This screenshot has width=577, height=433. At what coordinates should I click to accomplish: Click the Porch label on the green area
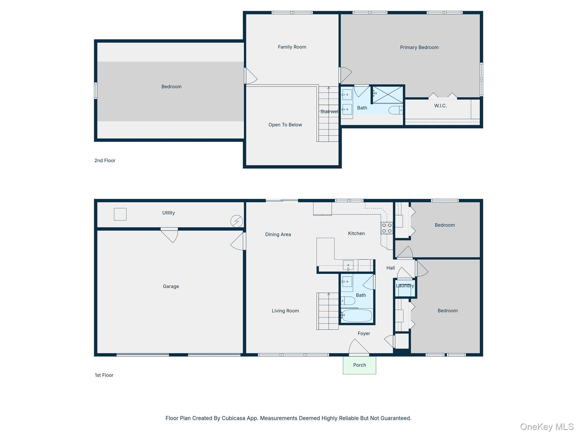coord(359,365)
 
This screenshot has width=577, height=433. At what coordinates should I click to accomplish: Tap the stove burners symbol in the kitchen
coord(387,228)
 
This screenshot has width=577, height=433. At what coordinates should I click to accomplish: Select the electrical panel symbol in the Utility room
coord(237,221)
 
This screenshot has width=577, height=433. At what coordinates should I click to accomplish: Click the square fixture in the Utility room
coord(120,214)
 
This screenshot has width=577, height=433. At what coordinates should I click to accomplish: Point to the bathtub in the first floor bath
coord(357,316)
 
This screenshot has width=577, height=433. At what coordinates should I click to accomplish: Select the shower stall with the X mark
coord(388,95)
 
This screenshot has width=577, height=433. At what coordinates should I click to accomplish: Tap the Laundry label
coord(405,286)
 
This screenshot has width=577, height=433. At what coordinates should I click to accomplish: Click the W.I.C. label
coord(440,106)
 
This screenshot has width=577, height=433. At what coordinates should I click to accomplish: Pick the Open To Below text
coord(285,125)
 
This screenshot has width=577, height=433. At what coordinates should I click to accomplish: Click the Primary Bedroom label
coord(419,47)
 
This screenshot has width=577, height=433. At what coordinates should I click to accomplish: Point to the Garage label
coord(171,286)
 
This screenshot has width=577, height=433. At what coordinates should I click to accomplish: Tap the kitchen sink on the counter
coord(348,265)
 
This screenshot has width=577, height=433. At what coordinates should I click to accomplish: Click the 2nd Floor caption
coord(105,161)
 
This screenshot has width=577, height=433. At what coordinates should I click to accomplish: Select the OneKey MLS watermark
coord(547,427)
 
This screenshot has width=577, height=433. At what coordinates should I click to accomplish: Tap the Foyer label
coord(364,333)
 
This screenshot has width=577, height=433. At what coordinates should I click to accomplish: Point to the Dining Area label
coord(278,235)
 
